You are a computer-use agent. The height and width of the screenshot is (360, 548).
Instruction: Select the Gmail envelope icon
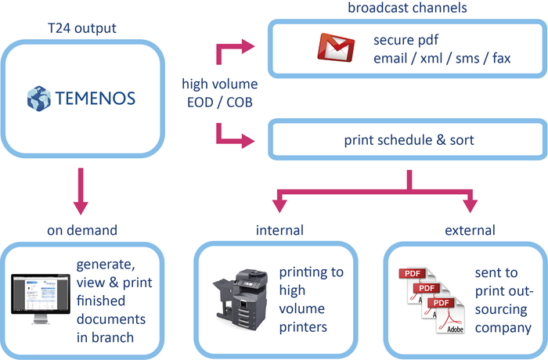pyautogui.click(x=336, y=48)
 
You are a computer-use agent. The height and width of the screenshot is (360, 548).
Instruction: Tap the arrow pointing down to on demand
pyautogui.click(x=78, y=205)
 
